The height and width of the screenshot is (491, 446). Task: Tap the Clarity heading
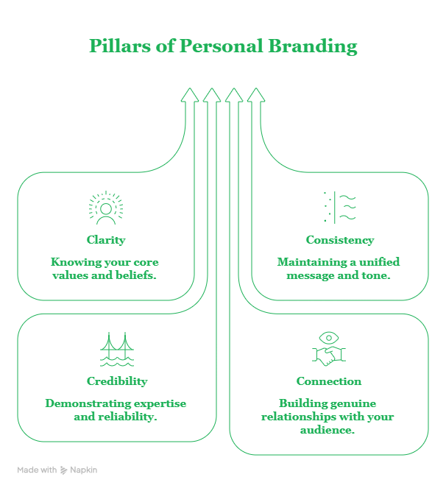(x=105, y=240)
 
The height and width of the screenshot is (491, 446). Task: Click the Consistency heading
(x=339, y=240)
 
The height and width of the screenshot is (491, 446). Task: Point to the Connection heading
(x=328, y=381)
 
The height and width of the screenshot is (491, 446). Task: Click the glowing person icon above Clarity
(x=105, y=208)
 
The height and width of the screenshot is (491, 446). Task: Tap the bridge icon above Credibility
(x=116, y=350)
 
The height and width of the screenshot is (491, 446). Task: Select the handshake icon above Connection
(x=328, y=356)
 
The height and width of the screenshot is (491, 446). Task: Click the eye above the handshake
(x=328, y=338)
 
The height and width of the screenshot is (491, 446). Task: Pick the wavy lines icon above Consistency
(x=339, y=208)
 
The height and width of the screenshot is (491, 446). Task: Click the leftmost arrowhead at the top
(x=190, y=95)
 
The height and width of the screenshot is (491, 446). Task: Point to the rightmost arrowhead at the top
(x=255, y=95)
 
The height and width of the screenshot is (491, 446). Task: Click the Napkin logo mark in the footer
(x=64, y=470)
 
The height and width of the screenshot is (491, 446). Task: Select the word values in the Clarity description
(x=68, y=275)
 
